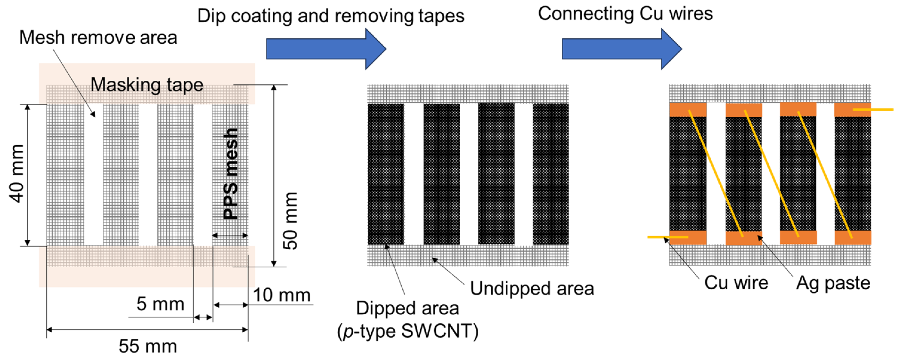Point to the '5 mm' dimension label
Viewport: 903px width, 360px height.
click(160, 303)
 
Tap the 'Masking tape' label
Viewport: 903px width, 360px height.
click(147, 85)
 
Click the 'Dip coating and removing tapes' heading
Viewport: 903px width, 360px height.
click(331, 16)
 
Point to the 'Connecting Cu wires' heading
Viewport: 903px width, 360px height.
click(625, 14)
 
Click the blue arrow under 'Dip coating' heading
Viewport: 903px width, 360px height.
click(326, 49)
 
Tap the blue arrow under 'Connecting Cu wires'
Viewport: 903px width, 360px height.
click(621, 49)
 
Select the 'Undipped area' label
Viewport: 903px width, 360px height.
click(532, 288)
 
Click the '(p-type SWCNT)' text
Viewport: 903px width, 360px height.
click(408, 331)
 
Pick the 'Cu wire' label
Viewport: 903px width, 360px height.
click(736, 283)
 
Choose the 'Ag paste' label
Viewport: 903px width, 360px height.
click(833, 283)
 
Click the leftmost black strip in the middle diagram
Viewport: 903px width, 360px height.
click(386, 174)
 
